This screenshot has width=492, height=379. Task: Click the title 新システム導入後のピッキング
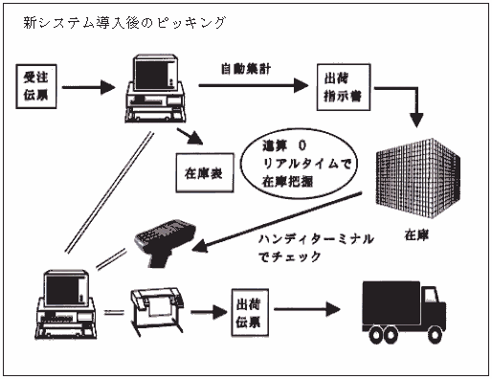click(124, 23)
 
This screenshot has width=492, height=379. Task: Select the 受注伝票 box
click(36, 86)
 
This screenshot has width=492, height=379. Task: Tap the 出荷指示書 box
click(344, 87)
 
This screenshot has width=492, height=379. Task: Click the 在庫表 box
click(205, 173)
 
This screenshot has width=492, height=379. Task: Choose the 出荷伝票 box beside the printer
click(250, 313)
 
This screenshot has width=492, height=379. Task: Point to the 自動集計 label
click(246, 69)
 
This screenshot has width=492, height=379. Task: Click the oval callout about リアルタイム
click(299, 164)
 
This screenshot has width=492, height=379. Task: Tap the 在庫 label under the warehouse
click(416, 235)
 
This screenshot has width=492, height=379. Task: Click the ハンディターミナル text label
click(316, 238)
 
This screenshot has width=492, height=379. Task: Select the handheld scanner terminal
click(165, 241)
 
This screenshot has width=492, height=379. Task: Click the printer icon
click(157, 310)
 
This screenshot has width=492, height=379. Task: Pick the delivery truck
click(404, 312)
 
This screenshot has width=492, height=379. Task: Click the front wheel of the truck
click(435, 335)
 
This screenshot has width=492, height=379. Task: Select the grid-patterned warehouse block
click(418, 178)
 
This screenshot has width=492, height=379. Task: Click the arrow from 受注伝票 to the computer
click(88, 87)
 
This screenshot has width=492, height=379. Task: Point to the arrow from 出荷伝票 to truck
click(307, 309)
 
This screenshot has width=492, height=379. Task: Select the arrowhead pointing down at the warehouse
click(416, 120)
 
